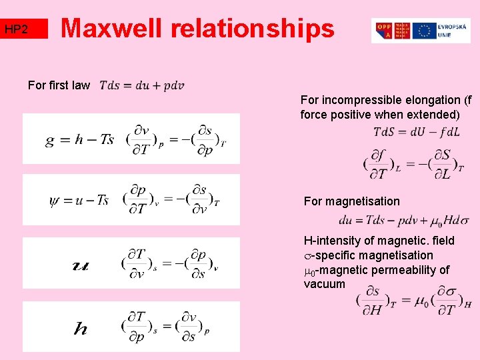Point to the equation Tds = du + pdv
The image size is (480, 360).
click(x=142, y=85)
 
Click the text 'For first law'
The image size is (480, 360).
click(x=59, y=85)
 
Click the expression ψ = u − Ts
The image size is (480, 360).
click(x=79, y=200)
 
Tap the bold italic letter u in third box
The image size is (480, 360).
click(x=79, y=265)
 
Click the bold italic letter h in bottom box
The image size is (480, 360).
click(x=80, y=328)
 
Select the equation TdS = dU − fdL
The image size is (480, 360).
click(x=416, y=132)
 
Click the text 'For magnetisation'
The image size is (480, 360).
click(x=351, y=201)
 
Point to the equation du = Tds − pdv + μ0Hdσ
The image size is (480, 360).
click(x=403, y=220)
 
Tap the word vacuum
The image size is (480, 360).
click(x=324, y=284)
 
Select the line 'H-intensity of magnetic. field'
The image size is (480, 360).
click(x=379, y=241)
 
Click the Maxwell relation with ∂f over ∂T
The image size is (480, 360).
click(x=413, y=164)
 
